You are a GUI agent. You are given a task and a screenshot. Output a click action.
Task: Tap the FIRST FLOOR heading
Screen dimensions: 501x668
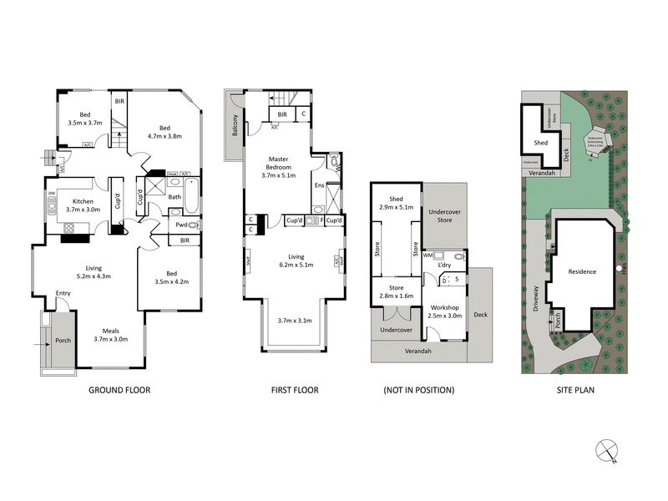294,390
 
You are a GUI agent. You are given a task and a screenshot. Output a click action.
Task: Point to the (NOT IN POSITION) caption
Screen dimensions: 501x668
419,390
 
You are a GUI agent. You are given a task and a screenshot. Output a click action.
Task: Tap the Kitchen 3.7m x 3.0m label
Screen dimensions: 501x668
83,205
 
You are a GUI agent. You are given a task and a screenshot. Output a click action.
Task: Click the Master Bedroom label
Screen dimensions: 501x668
279,166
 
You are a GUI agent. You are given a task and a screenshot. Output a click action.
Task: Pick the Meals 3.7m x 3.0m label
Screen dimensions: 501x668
111,334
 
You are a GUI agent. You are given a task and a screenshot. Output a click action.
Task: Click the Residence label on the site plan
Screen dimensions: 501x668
582,272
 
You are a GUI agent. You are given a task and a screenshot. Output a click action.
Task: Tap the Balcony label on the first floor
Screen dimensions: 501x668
235,126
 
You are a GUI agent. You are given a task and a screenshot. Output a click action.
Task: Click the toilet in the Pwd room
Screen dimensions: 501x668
194,225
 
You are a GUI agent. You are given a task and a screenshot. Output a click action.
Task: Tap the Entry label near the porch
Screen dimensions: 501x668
63,294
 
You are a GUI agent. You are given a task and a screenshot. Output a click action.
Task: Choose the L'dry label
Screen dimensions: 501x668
444,265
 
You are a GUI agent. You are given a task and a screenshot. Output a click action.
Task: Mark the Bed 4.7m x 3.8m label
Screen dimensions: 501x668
164,131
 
